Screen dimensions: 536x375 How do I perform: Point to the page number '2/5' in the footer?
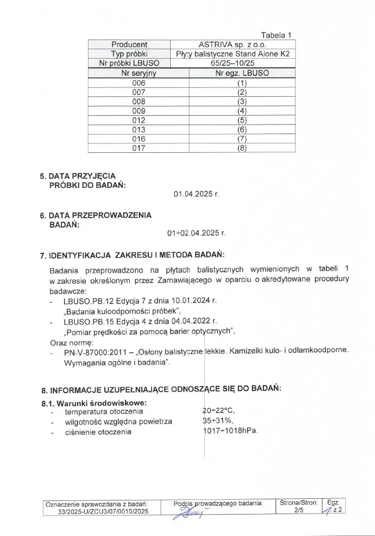[x=299, y=510]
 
